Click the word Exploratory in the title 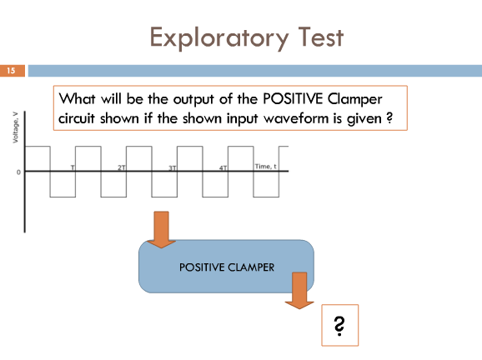point(219,37)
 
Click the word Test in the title point(320,37)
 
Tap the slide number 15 point(11,71)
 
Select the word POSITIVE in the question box point(293,99)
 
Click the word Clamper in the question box point(355,99)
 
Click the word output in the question point(193,99)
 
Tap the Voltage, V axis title point(15,127)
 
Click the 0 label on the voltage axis point(18,172)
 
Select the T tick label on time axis point(73,167)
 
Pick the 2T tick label point(122,167)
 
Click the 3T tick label point(173,168)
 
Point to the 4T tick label point(223,168)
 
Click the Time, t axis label point(265,167)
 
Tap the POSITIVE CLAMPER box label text point(227,267)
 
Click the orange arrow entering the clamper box point(162,229)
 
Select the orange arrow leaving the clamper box point(299,290)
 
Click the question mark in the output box point(339,326)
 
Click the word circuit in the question point(77,118)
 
